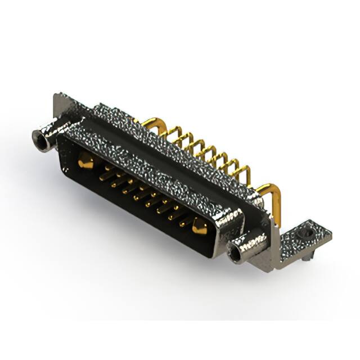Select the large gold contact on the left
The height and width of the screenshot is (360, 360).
85,163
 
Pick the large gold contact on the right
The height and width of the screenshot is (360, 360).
200,227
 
